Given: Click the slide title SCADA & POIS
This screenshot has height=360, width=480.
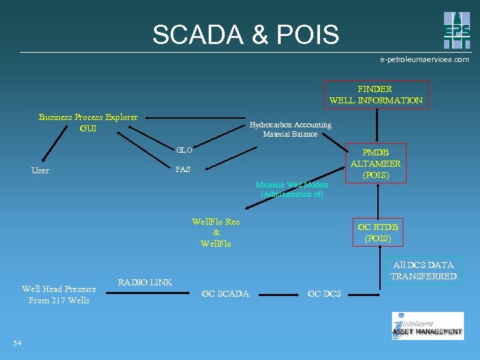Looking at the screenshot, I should (245, 35).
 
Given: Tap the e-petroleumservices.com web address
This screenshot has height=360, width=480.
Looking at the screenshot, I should (424, 59).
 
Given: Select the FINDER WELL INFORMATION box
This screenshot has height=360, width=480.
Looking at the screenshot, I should (375, 95).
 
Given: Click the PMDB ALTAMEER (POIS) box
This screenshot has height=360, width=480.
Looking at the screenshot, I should (375, 164).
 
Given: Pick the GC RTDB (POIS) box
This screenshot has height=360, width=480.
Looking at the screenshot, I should (378, 233).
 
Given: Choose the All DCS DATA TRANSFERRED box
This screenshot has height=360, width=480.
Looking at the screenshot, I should (423, 271).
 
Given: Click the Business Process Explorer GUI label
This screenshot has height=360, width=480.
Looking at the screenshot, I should (88, 123).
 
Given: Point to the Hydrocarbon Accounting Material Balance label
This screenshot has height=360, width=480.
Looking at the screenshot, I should (290, 129).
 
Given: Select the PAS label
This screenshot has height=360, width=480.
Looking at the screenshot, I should (183, 169).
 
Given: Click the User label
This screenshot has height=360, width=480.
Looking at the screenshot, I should (40, 171).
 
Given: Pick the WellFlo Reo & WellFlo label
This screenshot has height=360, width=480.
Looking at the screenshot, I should (215, 233).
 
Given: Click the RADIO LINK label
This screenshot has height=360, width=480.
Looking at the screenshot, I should (145, 282).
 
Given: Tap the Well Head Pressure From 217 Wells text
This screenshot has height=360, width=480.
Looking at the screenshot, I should (59, 295).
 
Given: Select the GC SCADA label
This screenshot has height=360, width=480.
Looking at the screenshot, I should (225, 294).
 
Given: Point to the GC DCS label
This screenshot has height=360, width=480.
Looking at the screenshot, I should (324, 294).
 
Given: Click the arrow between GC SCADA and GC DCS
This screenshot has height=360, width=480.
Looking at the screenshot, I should (278, 293).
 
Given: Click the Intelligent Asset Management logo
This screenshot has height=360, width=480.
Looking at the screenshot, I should (427, 326).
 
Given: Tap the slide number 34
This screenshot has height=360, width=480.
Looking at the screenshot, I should (17, 343).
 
